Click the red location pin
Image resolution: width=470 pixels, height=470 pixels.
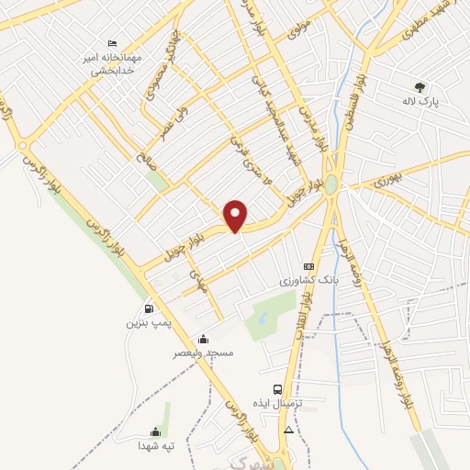tap(237, 215)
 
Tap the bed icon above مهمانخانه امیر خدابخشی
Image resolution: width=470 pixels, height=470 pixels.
tap(112, 43)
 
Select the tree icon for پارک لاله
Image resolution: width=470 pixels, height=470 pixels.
tap(420, 86)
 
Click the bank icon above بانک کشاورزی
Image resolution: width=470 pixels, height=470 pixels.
tap(308, 266)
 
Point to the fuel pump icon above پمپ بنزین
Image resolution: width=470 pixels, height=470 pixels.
tap(148, 309)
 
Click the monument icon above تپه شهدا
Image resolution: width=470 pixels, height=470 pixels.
tap(155, 432)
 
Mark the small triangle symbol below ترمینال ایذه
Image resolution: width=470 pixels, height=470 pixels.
tap(289, 430)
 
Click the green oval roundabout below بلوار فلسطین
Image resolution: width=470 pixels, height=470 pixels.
tap(330, 185)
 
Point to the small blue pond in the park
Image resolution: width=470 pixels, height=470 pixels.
tap(263, 319)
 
